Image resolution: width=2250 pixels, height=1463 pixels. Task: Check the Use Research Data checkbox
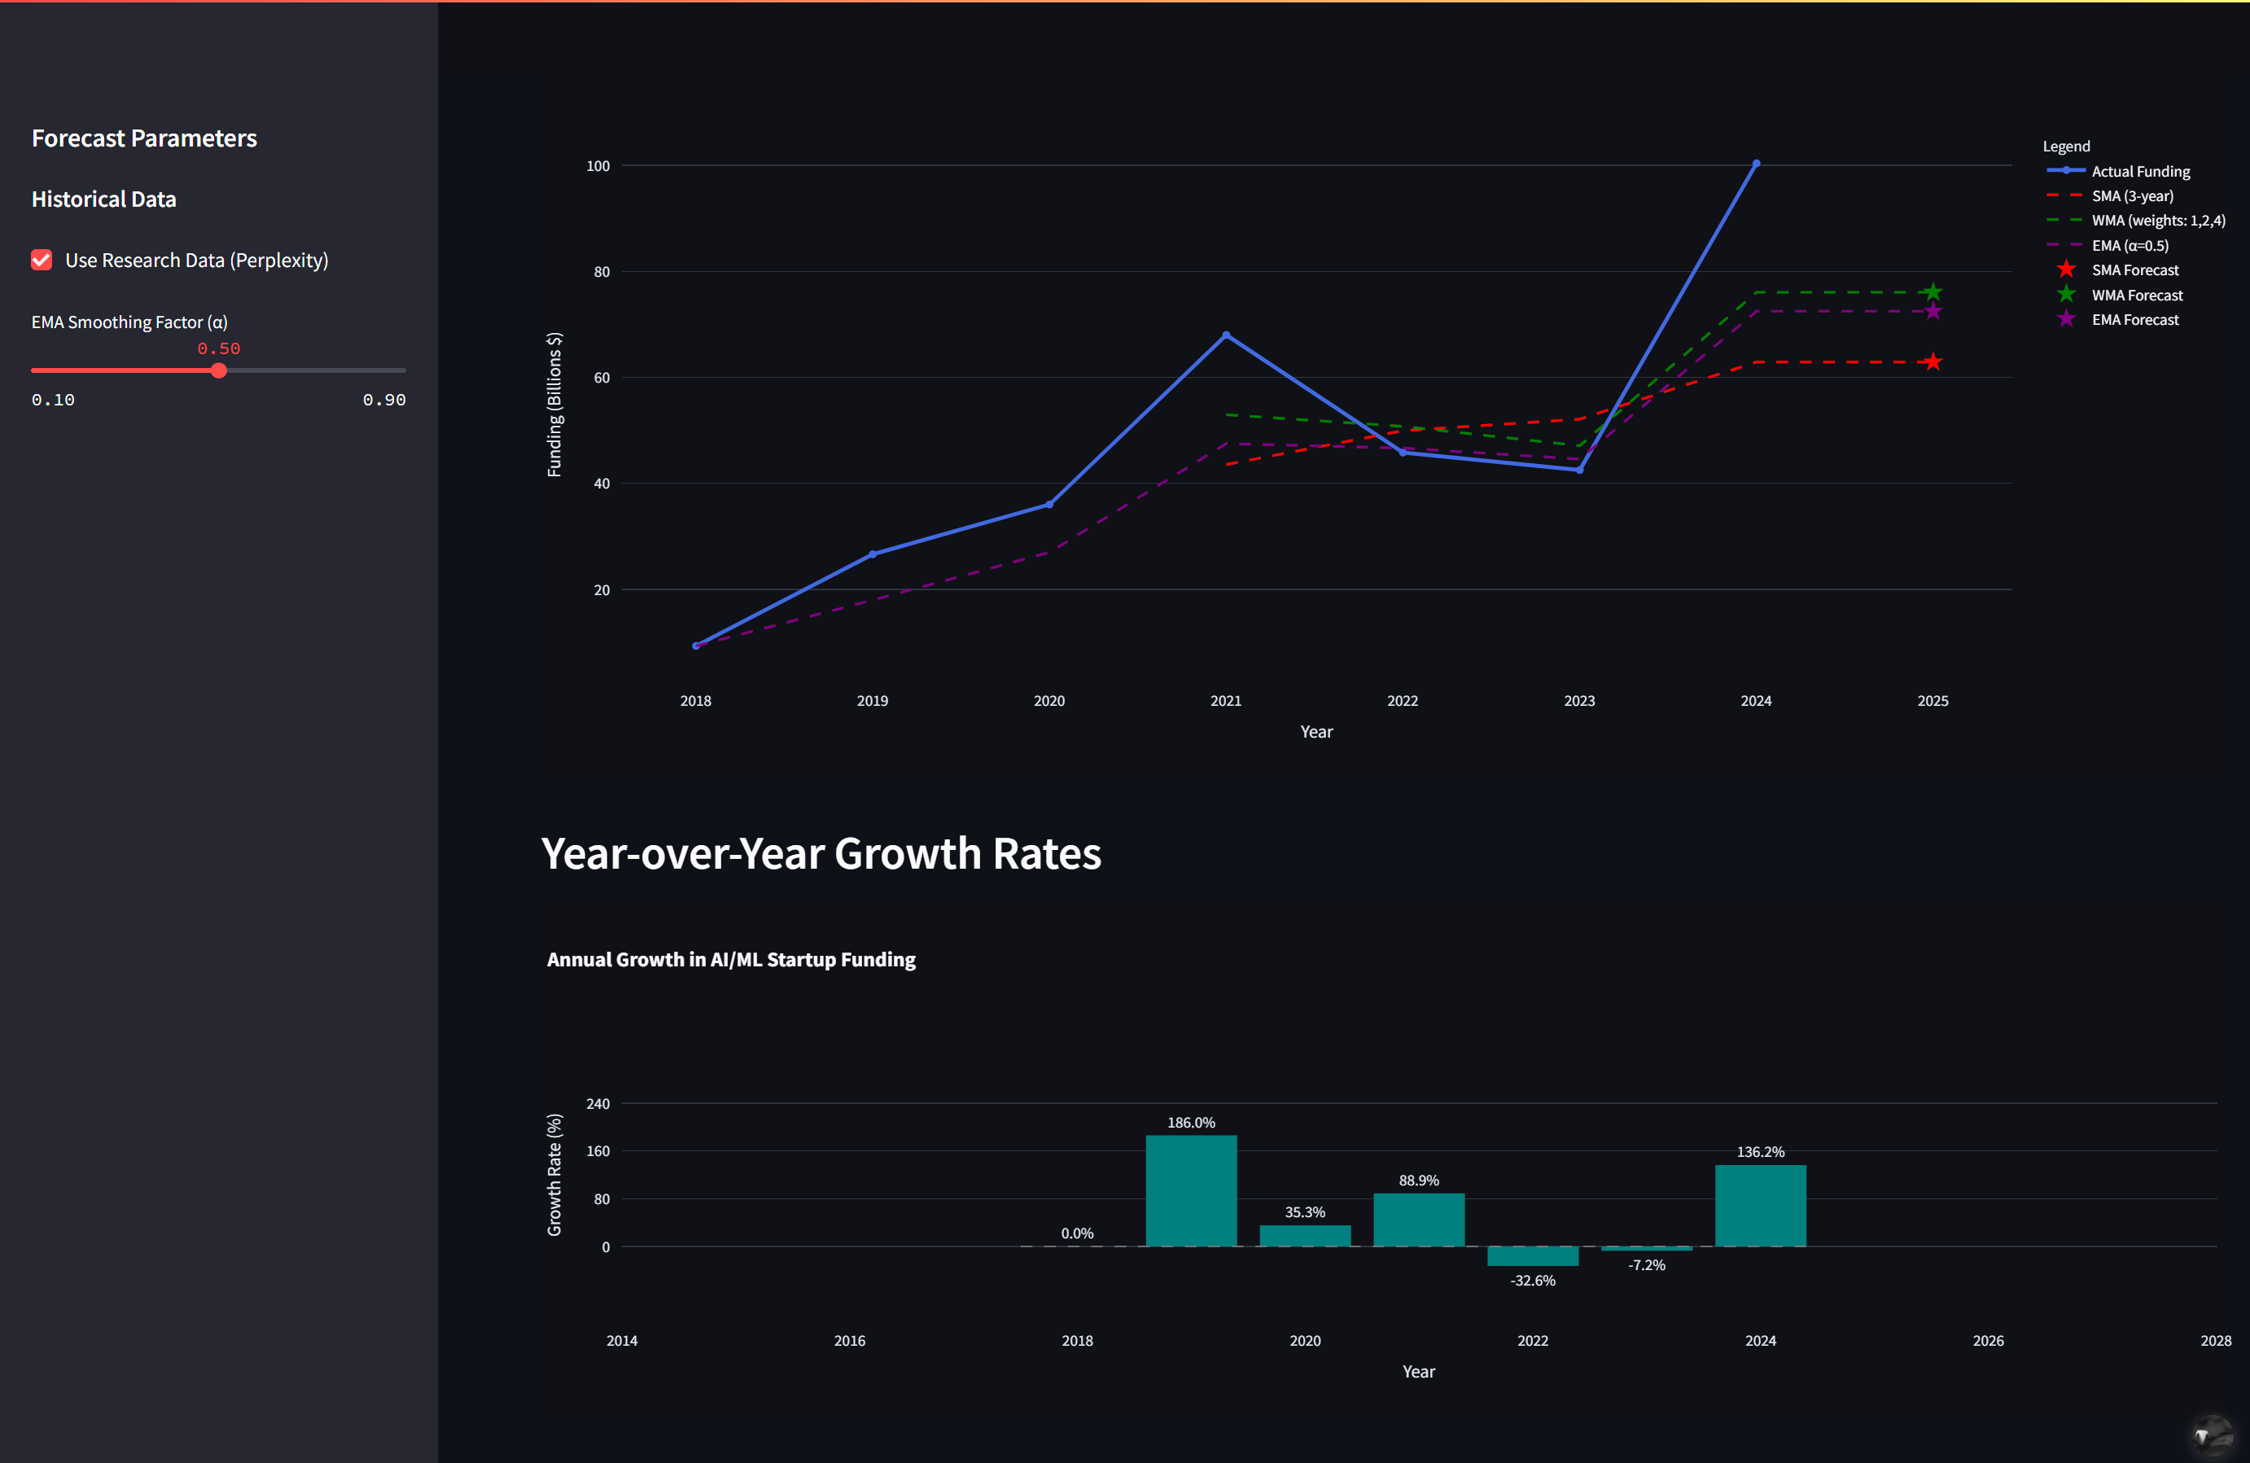(42, 260)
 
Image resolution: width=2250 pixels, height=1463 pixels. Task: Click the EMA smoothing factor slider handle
(218, 370)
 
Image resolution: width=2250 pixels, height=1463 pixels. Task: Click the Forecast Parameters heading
(144, 138)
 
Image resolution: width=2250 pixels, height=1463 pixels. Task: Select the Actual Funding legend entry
(2139, 171)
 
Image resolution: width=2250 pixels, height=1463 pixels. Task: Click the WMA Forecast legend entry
(2137, 295)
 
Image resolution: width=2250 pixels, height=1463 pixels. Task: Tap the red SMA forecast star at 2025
(1933, 362)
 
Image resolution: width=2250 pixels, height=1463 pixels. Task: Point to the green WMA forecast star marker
(1933, 292)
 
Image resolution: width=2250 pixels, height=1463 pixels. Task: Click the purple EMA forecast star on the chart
(1933, 312)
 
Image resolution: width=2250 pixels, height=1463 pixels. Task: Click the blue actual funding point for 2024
(1756, 164)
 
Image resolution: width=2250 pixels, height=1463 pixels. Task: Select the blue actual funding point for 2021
(1225, 335)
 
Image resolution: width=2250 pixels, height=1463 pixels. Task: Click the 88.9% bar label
(1418, 1180)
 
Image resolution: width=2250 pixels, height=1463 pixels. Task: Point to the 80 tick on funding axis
(602, 271)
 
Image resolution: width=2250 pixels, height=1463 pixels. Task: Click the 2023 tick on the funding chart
(1578, 701)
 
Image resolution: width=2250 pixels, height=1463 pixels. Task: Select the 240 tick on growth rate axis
(598, 1104)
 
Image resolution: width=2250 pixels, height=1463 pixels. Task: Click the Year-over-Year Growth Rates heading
(821, 853)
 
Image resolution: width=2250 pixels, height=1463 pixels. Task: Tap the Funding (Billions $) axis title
(554, 405)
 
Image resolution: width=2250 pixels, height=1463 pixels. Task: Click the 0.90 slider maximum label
(384, 400)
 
